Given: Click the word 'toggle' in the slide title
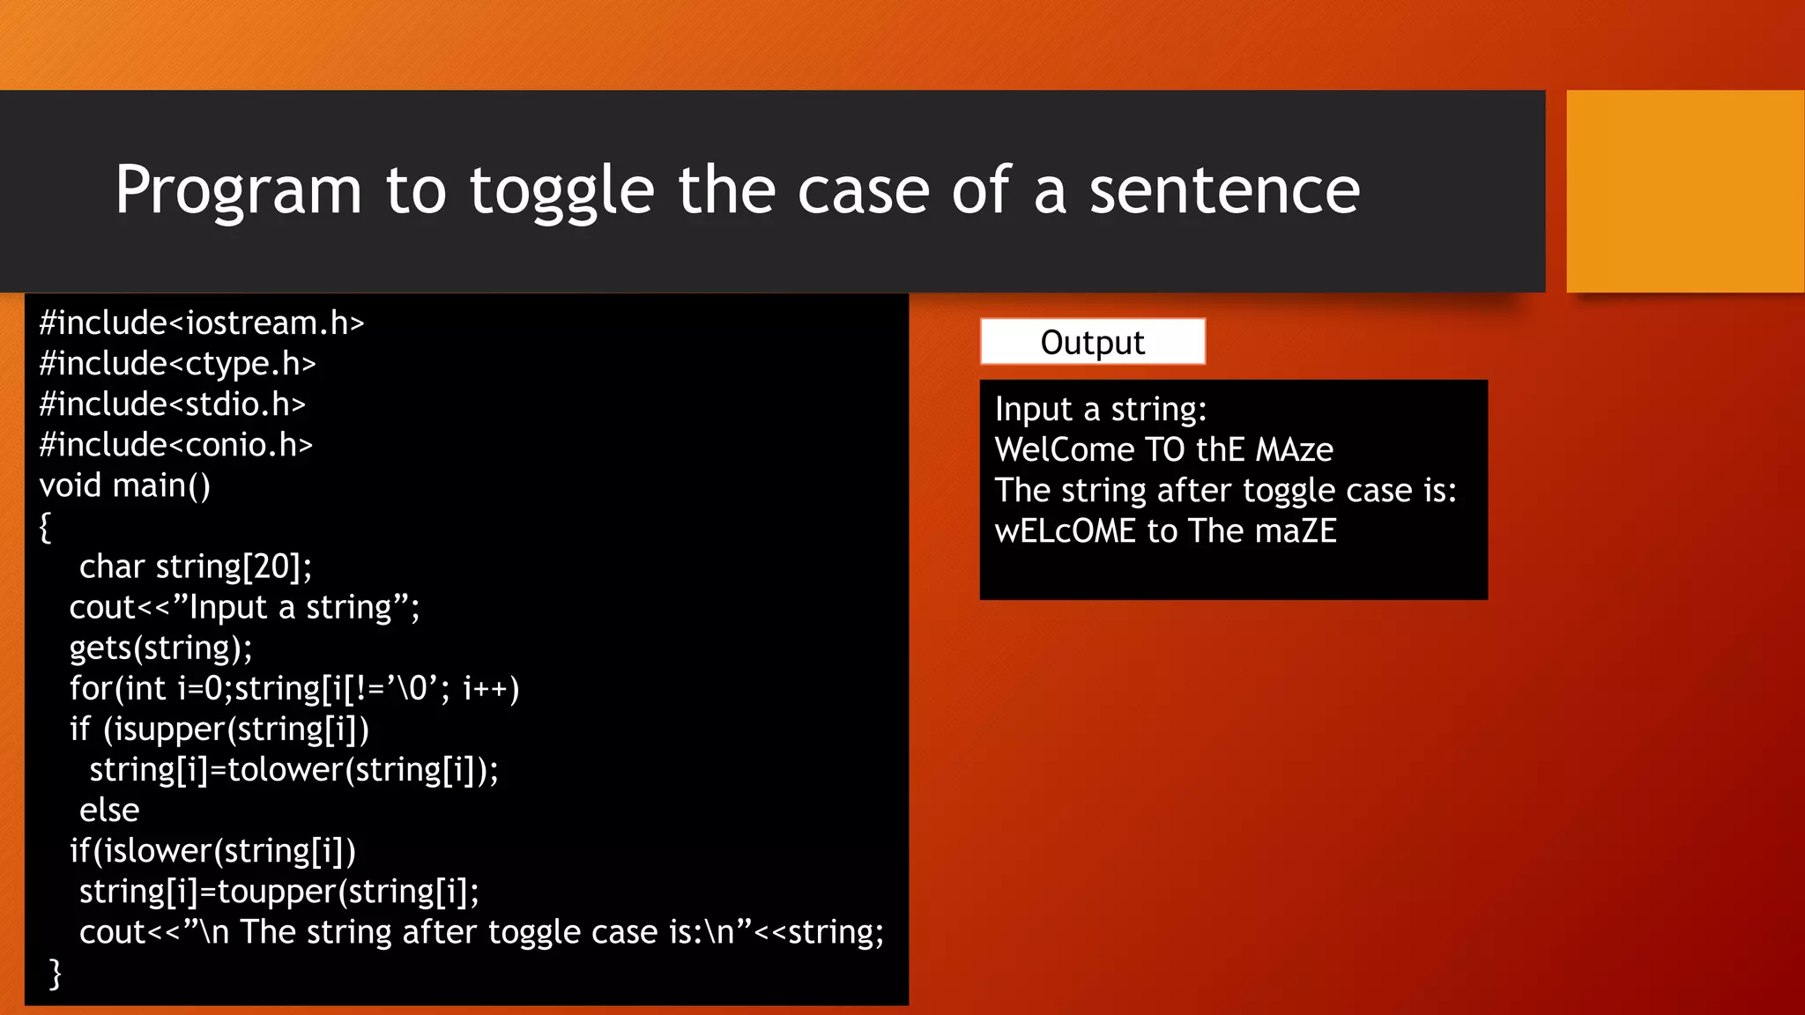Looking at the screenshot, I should [x=561, y=190].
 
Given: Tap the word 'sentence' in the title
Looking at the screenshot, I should [x=1224, y=190].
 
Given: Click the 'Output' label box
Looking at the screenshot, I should [x=1092, y=342].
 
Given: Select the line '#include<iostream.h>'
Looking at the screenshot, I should [x=201, y=323].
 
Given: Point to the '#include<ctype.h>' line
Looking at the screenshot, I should [x=177, y=364].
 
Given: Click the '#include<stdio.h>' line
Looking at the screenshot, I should [x=172, y=404].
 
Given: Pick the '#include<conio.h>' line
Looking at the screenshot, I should [x=175, y=445].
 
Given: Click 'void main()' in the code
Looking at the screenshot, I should [x=124, y=485].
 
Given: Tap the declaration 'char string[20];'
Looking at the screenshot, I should [x=195, y=567].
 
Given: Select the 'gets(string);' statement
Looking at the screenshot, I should [x=160, y=648].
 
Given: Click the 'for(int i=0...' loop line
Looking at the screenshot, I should [x=294, y=689].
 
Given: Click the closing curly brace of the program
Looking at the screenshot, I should [x=56, y=974].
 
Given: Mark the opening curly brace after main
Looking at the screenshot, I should [x=45, y=527].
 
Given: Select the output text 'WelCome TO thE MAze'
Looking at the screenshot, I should [x=1163, y=450].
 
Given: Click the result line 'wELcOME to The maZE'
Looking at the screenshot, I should [x=1165, y=531].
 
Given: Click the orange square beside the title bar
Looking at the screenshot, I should [x=1684, y=191].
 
